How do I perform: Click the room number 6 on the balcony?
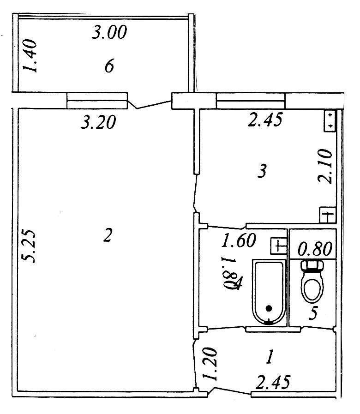[x=109, y=66]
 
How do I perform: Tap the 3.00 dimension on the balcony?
[x=109, y=32]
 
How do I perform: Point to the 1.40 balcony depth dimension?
[x=30, y=56]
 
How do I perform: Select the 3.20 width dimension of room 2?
[x=98, y=122]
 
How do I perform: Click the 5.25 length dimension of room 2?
[x=28, y=246]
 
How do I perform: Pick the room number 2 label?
[x=108, y=235]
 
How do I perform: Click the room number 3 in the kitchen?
[x=262, y=171]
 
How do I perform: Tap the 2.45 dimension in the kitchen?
[x=265, y=120]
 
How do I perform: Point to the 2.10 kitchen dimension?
[x=324, y=166]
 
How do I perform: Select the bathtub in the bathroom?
[x=269, y=292]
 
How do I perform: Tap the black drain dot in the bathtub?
[x=269, y=308]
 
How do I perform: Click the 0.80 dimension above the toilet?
[x=315, y=249]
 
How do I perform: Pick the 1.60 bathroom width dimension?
[x=239, y=240]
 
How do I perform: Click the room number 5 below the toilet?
[x=313, y=313]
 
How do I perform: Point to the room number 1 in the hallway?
[x=270, y=357]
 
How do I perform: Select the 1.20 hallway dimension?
[x=210, y=364]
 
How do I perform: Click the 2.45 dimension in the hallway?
[x=273, y=382]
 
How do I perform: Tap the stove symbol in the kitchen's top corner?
[x=330, y=121]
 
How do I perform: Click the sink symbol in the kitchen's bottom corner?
[x=328, y=215]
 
